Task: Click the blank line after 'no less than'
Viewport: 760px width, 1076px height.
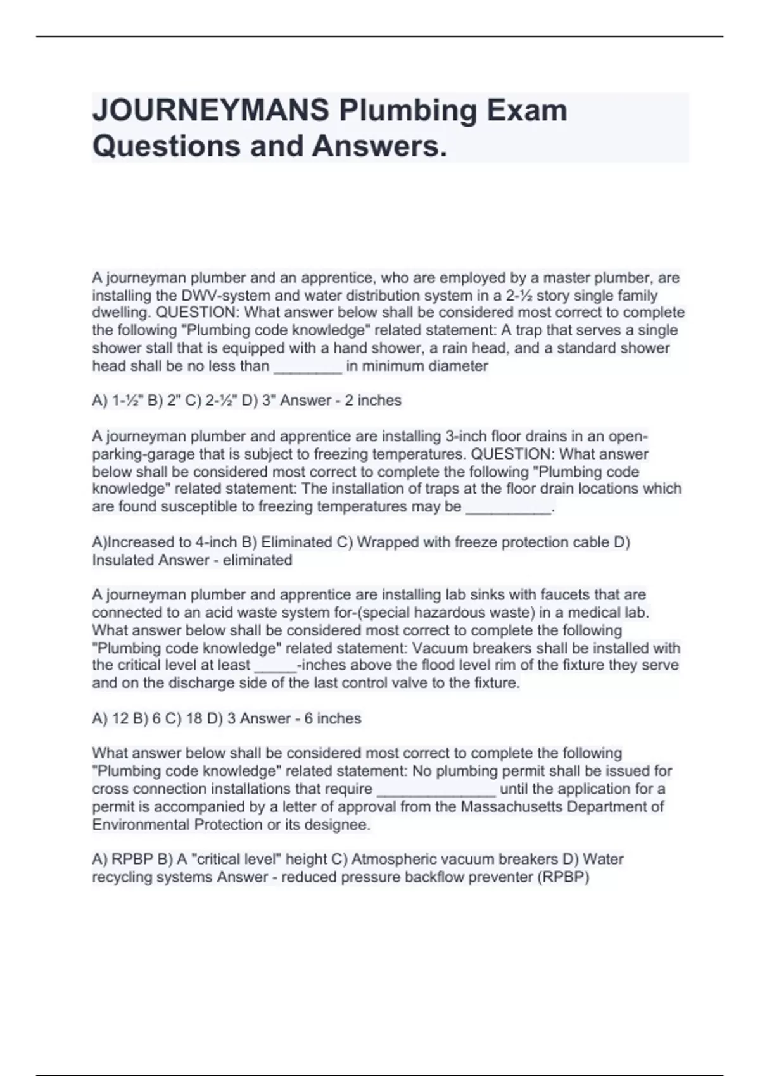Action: pos(307,366)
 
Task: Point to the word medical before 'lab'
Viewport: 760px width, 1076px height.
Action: pos(592,613)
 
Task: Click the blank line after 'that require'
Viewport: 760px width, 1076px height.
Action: pos(436,789)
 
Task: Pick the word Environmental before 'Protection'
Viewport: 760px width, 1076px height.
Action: pos(141,825)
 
